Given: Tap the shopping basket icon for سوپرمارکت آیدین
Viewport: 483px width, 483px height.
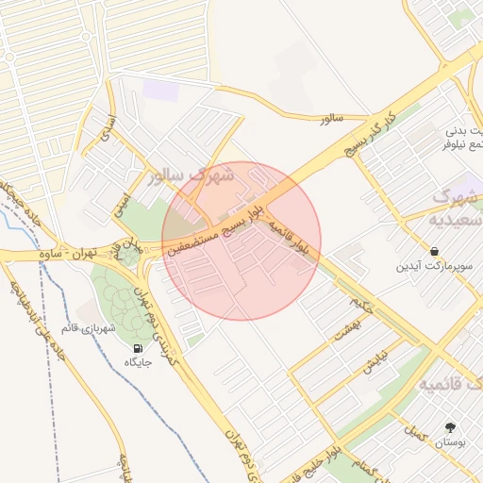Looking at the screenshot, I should tap(433, 252).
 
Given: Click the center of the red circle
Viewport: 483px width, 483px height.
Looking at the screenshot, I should tap(241, 241).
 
